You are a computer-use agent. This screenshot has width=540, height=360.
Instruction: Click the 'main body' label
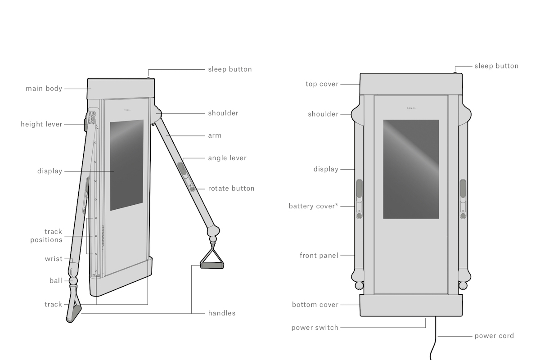(x=44, y=89)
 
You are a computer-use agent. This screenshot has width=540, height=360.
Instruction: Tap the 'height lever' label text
(x=41, y=124)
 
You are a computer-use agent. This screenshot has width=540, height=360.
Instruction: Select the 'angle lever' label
(x=227, y=158)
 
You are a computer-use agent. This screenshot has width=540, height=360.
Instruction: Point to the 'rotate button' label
(x=231, y=189)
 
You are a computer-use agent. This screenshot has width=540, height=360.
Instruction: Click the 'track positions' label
(x=46, y=236)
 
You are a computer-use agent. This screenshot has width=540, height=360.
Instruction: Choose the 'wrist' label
(x=54, y=259)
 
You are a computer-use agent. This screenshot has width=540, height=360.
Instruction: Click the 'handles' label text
(x=222, y=313)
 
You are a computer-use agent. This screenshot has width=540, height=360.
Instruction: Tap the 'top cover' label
(x=322, y=84)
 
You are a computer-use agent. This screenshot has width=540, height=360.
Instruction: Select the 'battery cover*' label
(x=313, y=206)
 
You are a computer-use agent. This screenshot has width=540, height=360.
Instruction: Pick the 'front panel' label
(x=319, y=256)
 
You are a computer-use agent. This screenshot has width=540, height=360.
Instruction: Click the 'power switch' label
(x=315, y=328)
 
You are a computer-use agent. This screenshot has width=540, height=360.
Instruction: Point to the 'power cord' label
(x=494, y=336)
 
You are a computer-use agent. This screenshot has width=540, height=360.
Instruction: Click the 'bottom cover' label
(x=315, y=305)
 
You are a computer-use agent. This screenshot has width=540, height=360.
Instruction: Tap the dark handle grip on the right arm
(x=212, y=265)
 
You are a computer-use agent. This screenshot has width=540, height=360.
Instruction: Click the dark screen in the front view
(x=411, y=169)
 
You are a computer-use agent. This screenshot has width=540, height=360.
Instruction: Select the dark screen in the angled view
(x=126, y=165)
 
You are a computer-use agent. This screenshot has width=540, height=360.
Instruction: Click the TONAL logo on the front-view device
(x=411, y=108)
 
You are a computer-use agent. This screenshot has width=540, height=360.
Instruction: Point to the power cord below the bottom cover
(x=435, y=337)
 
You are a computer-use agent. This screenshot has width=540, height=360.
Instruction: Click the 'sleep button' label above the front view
(x=496, y=66)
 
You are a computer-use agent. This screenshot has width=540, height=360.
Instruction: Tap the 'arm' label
(x=215, y=136)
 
